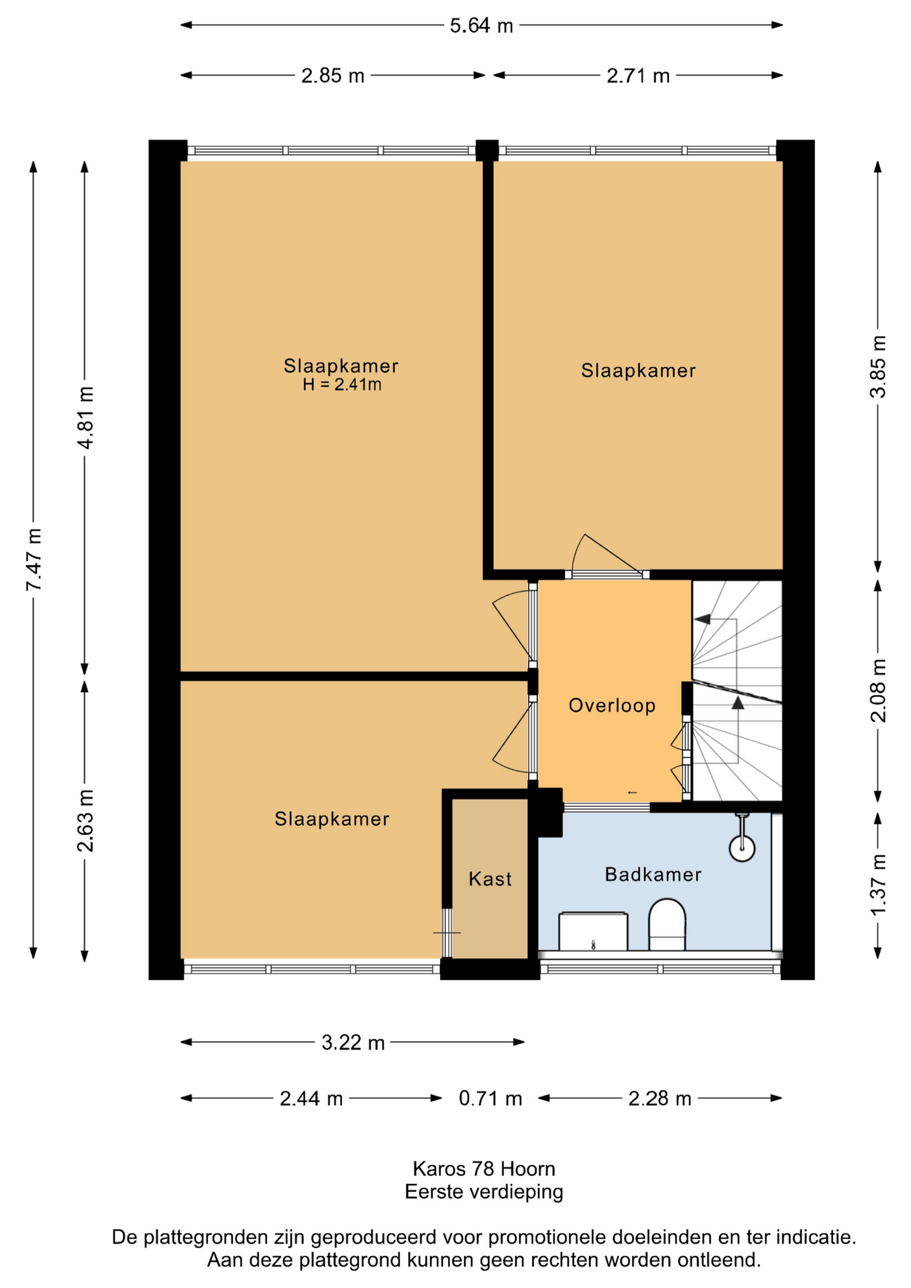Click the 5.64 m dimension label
click(481, 25)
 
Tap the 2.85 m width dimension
click(333, 76)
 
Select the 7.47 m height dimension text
click(34, 559)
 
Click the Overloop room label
click(612, 705)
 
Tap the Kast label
click(490, 879)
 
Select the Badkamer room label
click(653, 874)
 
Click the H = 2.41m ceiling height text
click(342, 384)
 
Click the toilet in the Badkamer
click(667, 924)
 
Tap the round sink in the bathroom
click(742, 847)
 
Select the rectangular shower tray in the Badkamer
click(593, 930)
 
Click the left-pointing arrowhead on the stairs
click(702, 619)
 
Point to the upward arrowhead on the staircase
click(738, 702)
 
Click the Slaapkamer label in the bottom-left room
click(332, 818)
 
